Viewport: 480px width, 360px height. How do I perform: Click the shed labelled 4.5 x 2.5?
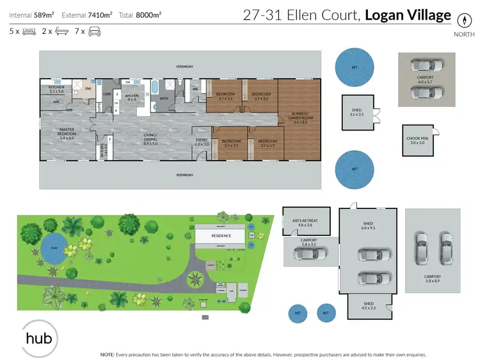coord(369,306)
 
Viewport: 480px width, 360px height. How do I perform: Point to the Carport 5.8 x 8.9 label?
coord(433,279)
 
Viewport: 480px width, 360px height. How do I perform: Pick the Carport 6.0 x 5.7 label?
coord(424,80)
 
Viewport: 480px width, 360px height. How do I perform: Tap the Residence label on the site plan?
coord(221,236)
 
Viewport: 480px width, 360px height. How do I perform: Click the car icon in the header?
coord(93,30)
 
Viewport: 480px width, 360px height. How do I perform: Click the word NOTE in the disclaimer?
coord(107,354)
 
